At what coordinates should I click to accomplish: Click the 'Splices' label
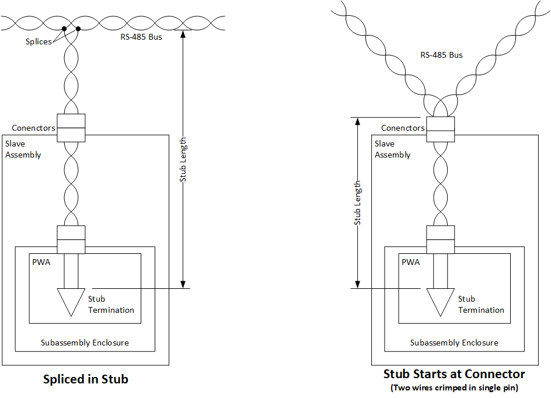point(39,41)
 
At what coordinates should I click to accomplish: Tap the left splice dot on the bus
point(64,28)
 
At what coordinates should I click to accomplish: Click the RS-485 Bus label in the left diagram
point(137,37)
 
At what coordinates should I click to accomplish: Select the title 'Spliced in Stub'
point(86,379)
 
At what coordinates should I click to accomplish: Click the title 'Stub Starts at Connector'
point(454,373)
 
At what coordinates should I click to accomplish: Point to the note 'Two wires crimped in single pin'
point(454,387)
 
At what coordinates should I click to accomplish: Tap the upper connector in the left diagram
point(71,128)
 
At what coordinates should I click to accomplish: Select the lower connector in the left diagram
point(71,239)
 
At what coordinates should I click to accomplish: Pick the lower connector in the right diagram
point(441,239)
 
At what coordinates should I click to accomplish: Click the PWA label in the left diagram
point(41,262)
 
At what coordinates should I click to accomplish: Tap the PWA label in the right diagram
point(410,262)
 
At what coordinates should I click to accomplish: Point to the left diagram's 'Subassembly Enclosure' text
point(85,343)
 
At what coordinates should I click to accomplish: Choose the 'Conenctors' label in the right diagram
point(403,128)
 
